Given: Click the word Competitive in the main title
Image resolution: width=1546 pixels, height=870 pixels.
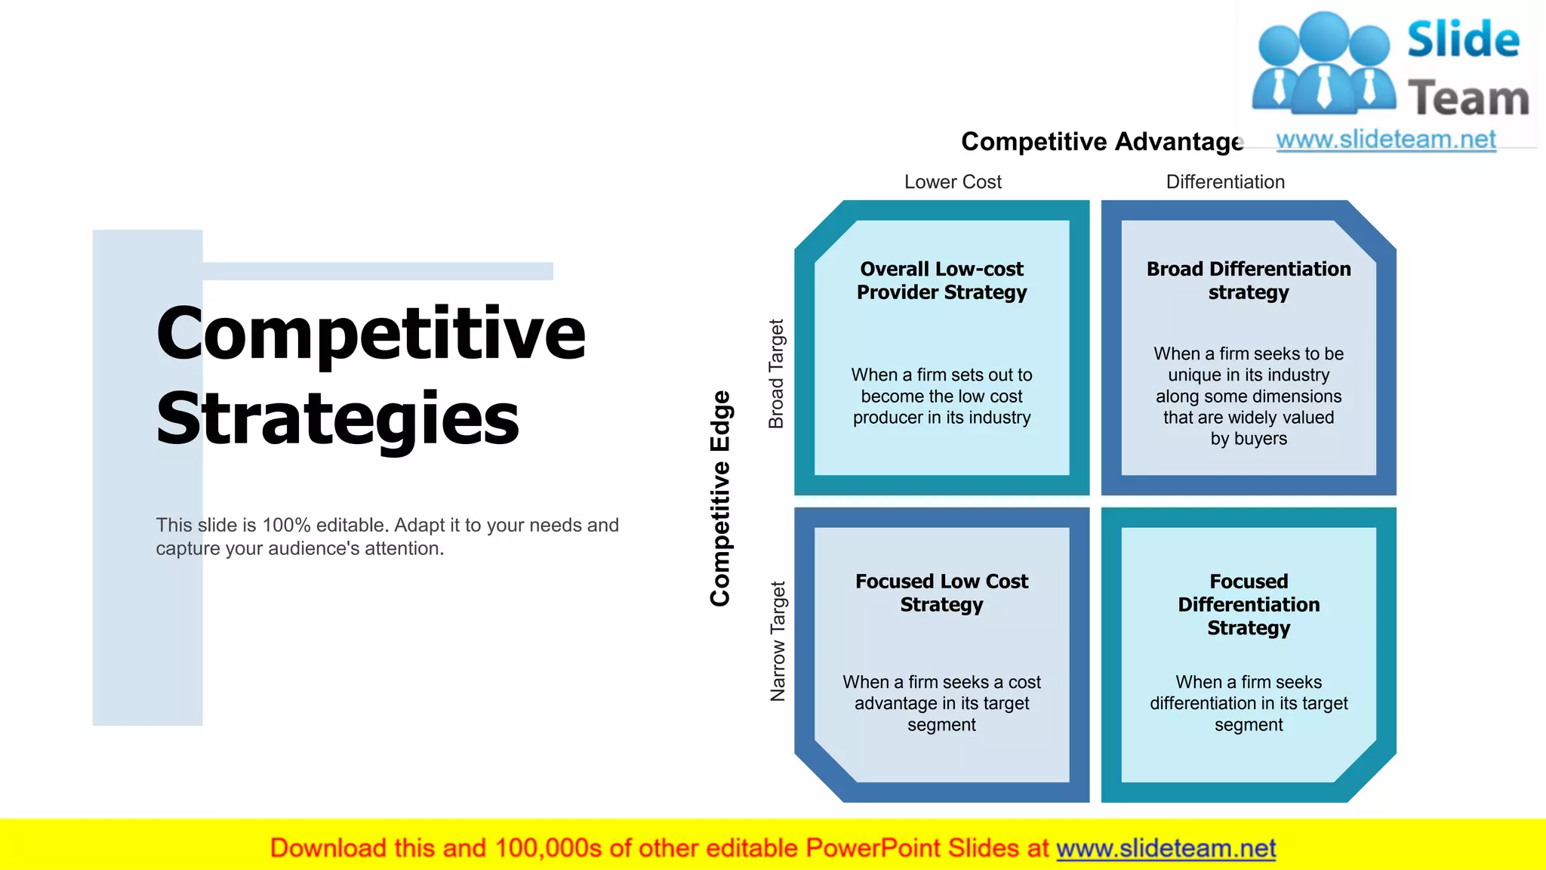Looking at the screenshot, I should pos(370,334).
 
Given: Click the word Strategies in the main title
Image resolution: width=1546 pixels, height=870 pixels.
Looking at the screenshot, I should pos(337,419).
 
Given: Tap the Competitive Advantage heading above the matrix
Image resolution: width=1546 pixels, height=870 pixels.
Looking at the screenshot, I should pos(1101,142).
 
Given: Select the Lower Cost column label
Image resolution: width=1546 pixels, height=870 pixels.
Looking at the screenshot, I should pos(953,182).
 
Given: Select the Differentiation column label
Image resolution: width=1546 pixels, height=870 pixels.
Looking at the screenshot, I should pos(1224,182).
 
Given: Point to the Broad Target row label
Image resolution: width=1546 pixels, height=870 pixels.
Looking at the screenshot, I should pos(777,374).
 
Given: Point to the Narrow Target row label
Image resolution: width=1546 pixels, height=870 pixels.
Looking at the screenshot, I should pos(778,640).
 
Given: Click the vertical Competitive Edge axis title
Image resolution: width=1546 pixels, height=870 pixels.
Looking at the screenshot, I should pos(721,498).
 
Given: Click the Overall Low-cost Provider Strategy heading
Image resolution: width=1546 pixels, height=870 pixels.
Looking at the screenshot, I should pos(941,280).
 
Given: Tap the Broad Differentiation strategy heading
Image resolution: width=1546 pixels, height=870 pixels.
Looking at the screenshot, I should pos(1248,280).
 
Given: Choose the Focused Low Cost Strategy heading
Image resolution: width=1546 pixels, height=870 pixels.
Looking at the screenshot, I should pos(941,593).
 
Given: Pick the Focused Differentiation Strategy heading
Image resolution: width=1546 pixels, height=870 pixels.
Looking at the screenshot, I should pos(1248,604).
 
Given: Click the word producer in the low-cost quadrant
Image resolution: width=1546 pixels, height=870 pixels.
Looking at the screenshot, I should pos(888,418).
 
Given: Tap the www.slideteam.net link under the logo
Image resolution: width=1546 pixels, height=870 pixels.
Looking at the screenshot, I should pos(1385,140).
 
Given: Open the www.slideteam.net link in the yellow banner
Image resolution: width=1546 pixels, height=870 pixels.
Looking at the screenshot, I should pos(1166,848).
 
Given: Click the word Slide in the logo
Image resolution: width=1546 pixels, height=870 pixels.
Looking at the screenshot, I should pos(1463,40).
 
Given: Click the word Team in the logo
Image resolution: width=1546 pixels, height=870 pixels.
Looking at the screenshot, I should pos(1468,99).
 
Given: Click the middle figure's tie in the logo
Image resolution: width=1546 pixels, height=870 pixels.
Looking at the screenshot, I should pos(1324,87).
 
